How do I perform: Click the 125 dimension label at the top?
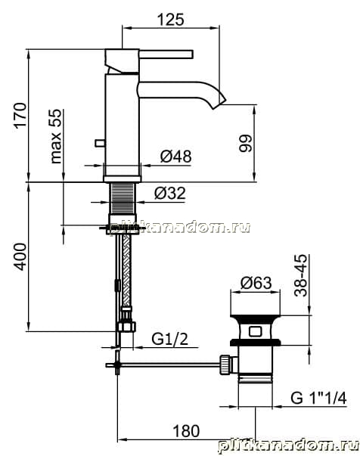pos(170,20)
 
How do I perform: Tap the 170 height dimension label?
pos(20,115)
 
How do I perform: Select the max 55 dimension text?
pos(56,136)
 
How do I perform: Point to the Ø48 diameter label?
pos(176,157)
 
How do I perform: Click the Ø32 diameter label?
pos(170,193)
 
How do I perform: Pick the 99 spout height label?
pos(245,143)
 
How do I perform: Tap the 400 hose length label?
pos(20,257)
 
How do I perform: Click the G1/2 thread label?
pos(170,339)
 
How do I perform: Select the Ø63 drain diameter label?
pos(256,283)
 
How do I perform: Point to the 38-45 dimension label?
pos(300,275)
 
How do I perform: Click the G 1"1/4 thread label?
pos(318,398)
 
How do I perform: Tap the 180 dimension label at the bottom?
pos(186,431)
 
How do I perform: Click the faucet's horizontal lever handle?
pos(166,54)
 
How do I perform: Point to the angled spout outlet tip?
pos(219,102)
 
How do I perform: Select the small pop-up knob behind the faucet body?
pos(100,143)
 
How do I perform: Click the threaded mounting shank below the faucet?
pos(123,199)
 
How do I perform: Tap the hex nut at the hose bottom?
pos(127,326)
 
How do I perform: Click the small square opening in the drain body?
pos(255,331)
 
